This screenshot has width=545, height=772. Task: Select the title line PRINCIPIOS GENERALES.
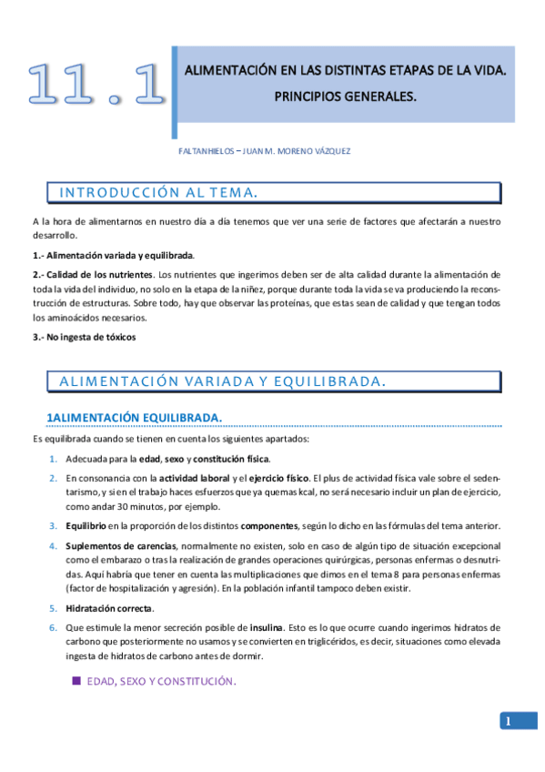point(345,94)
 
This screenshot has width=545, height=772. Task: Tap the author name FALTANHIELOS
point(206,151)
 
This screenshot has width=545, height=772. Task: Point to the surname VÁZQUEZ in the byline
point(325,151)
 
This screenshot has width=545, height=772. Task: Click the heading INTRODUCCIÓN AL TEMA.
point(156,192)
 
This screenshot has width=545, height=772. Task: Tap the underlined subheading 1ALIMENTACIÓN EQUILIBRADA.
point(134,417)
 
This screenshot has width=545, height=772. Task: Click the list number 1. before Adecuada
point(53,458)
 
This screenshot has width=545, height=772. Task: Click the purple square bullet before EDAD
point(76,680)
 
